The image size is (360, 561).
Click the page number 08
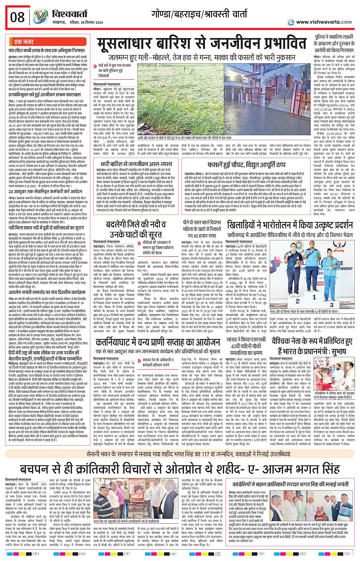(18, 17)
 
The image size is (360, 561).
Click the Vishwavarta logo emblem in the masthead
(40, 17)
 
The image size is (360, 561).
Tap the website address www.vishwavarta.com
(324, 22)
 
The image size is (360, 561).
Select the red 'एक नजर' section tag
(24, 42)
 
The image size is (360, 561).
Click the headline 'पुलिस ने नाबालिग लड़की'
(333, 37)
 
